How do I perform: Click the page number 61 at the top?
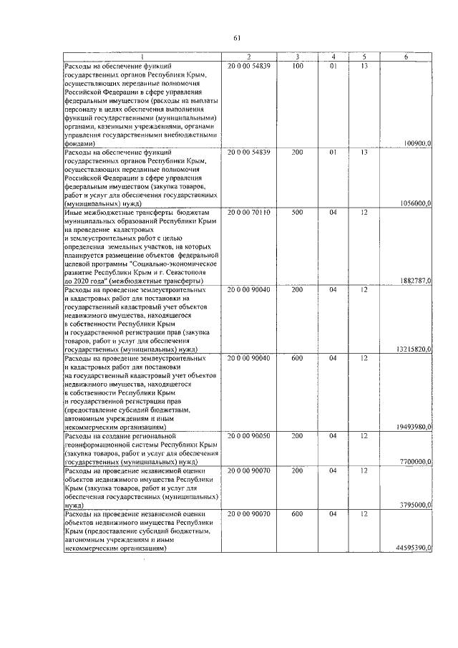point(236,38)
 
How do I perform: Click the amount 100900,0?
point(416,143)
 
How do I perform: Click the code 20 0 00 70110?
point(248,213)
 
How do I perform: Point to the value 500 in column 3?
point(298,213)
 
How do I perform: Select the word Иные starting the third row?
point(73,213)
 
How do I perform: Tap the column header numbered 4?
point(333,57)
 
